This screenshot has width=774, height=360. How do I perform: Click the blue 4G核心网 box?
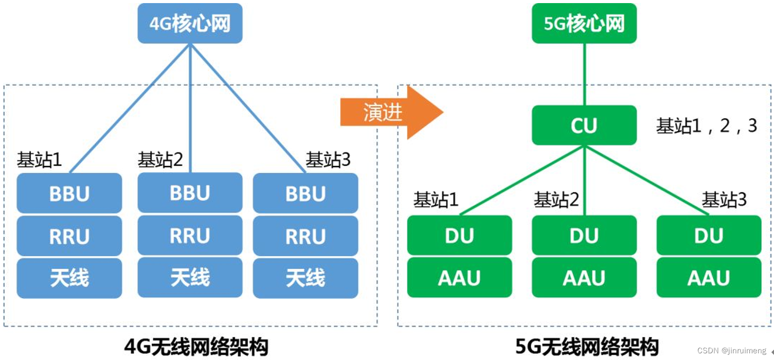pyautogui.click(x=190, y=23)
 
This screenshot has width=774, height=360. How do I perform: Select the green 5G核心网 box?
pyautogui.click(x=584, y=23)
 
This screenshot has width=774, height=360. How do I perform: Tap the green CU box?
pyautogui.click(x=584, y=125)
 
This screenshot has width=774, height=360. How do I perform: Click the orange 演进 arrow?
pyautogui.click(x=391, y=112)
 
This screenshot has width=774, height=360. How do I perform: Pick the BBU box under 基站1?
pyautogui.click(x=69, y=193)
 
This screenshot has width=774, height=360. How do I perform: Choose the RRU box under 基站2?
pyautogui.click(x=190, y=235)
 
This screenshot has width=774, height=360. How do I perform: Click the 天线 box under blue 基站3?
pyautogui.click(x=305, y=278)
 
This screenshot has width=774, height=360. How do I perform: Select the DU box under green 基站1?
pyautogui.click(x=460, y=235)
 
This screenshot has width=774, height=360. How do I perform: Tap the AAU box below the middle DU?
pyautogui.click(x=584, y=277)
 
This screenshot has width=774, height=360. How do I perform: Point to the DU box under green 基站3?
pyautogui.click(x=709, y=235)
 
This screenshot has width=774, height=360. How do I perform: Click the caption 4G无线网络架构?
pyautogui.click(x=196, y=347)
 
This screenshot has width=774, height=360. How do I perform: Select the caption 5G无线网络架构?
pyautogui.click(x=587, y=347)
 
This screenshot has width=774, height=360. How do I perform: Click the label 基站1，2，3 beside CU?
pyautogui.click(x=707, y=125)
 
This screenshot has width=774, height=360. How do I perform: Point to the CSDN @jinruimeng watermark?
pyautogui.click(x=731, y=351)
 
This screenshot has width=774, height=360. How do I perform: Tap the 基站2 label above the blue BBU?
pyautogui.click(x=160, y=159)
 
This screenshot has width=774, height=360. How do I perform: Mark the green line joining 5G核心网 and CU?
pyautogui.click(x=584, y=74)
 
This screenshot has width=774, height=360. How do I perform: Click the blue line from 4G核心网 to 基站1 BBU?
pyautogui.click(x=130, y=108)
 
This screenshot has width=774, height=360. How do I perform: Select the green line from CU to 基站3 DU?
pyautogui.click(x=646, y=180)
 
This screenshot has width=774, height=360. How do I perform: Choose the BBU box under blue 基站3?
pyautogui.click(x=305, y=193)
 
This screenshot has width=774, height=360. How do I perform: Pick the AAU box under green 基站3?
pyautogui.click(x=709, y=277)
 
